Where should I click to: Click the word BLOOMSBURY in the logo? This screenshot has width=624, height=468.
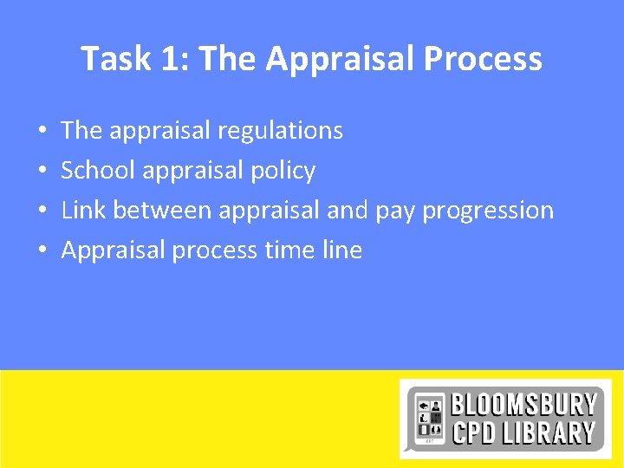[x=523, y=405]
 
